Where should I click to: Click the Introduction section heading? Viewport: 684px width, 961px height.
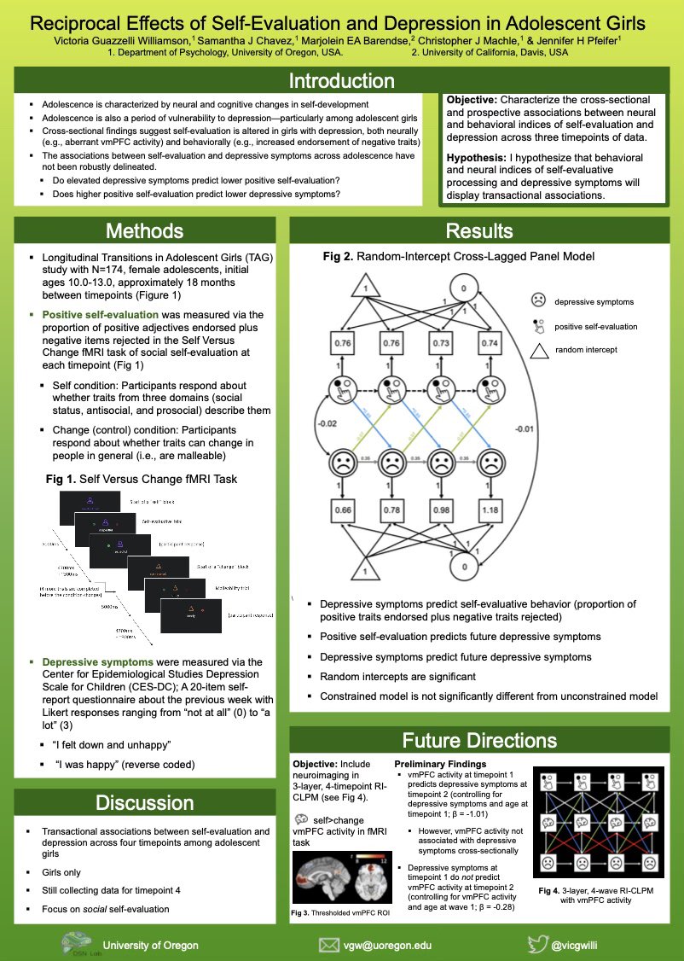coord(341,81)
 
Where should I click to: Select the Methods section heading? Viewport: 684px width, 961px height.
coord(144,231)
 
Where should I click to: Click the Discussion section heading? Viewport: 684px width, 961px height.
coord(144,802)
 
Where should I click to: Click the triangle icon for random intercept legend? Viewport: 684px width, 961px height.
coord(536,351)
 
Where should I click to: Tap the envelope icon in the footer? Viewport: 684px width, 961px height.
coord(329,945)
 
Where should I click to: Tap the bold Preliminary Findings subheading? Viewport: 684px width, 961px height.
coord(440,762)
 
